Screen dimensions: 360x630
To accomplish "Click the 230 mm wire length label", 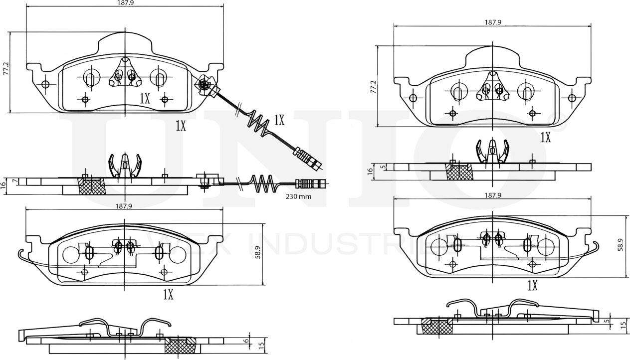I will click(x=298, y=196).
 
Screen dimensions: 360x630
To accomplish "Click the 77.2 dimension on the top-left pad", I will click(x=6, y=68).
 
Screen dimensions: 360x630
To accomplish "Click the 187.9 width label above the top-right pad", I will click(x=492, y=22).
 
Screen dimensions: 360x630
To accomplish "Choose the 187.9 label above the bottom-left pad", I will click(x=124, y=205).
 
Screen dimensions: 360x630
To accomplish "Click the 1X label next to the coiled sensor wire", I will click(x=279, y=120).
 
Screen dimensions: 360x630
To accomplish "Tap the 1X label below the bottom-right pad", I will click(x=532, y=286).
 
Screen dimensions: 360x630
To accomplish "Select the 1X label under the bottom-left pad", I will click(x=168, y=295).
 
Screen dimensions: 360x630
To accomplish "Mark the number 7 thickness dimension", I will click(x=15, y=180).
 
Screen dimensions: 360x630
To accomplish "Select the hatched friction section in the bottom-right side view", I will click(x=437, y=327).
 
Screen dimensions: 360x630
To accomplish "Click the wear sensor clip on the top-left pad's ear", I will click(x=205, y=86).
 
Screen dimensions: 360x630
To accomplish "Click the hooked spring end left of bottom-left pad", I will click(x=21, y=254).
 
